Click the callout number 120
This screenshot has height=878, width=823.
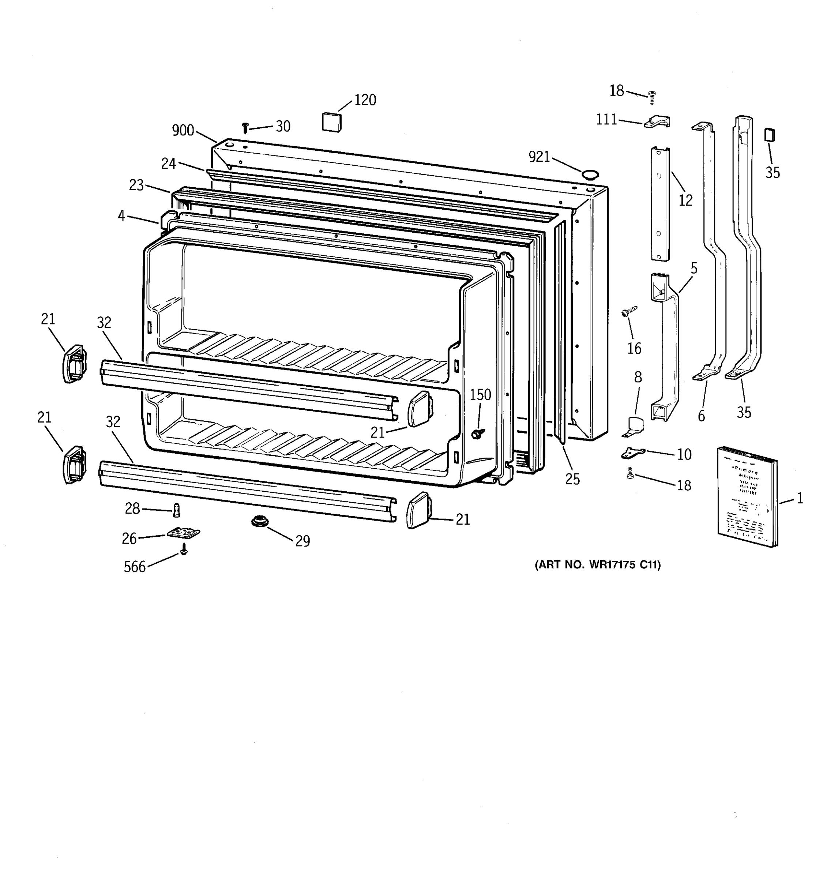(x=365, y=100)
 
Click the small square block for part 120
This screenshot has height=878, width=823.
(x=332, y=122)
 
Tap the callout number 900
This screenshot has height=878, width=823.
(x=183, y=130)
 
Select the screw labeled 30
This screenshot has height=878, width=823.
(x=245, y=128)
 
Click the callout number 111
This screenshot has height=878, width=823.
(x=607, y=120)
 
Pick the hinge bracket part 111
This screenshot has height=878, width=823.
(x=657, y=122)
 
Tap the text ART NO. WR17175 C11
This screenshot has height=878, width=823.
(x=597, y=565)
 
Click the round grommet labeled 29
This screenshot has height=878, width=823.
(x=258, y=521)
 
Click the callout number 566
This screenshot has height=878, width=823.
(x=135, y=567)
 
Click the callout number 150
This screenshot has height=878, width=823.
(x=480, y=395)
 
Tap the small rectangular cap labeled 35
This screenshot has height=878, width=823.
(x=770, y=135)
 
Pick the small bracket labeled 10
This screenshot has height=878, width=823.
(x=633, y=453)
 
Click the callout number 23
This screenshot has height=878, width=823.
(x=136, y=185)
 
